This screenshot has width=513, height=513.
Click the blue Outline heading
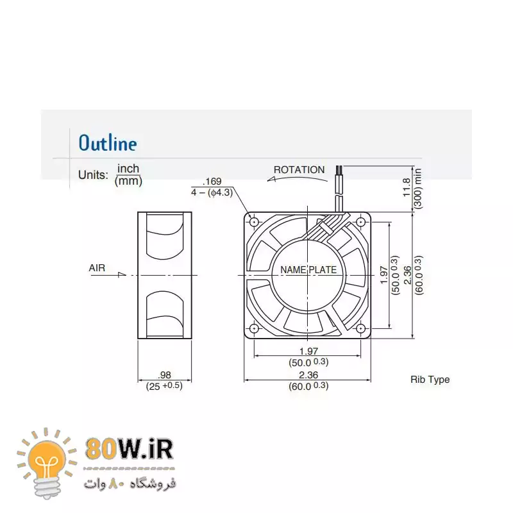coord(108,143)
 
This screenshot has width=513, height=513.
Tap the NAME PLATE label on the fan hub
coord(308,270)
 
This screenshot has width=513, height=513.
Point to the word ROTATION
coord(299,170)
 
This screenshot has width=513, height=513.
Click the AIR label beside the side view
coord(97,268)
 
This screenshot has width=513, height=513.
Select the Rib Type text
coord(430,380)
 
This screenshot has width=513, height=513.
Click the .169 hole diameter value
coord(212,181)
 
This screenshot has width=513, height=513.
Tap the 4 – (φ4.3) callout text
coord(212,192)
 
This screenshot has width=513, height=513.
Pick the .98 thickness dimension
coord(164,375)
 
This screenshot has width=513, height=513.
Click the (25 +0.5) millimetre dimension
coord(164,386)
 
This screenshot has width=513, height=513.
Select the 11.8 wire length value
coord(407,187)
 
